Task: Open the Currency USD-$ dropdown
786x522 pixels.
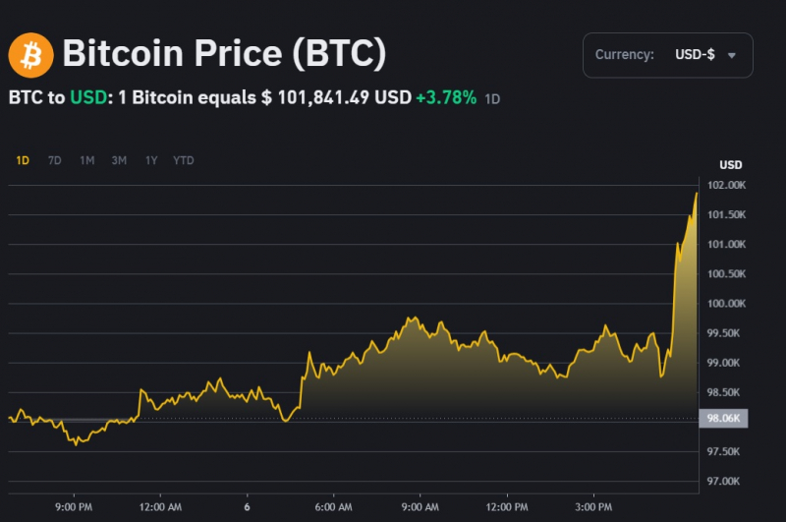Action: click(667, 55)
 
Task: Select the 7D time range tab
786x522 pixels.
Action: click(55, 160)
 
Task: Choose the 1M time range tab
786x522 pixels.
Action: click(87, 160)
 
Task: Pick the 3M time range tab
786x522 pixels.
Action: click(119, 160)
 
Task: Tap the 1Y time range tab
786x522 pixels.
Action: click(151, 160)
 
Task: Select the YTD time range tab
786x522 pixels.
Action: click(184, 160)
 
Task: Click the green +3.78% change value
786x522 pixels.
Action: click(446, 98)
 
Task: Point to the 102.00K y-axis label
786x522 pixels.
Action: click(723, 186)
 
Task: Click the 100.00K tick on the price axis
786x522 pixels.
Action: click(723, 304)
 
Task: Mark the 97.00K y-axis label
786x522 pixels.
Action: click(723, 481)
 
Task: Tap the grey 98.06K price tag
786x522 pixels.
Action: click(723, 419)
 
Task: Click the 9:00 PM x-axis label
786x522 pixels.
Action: click(74, 507)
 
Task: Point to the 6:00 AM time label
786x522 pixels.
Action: click(334, 507)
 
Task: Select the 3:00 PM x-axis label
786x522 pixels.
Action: click(592, 507)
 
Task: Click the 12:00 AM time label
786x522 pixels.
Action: click(161, 507)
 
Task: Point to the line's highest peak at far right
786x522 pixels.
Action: click(697, 193)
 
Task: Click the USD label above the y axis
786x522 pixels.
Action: click(730, 164)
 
